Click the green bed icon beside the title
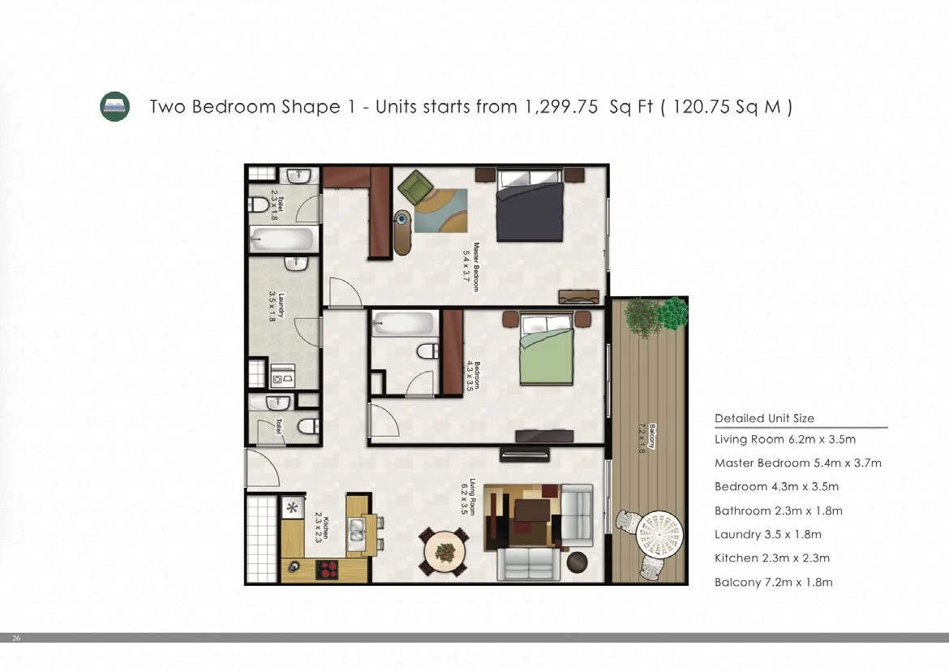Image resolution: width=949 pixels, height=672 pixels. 114,106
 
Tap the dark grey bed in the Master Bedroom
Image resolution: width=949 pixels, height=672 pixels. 530,205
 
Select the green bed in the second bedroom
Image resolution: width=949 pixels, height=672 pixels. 547,349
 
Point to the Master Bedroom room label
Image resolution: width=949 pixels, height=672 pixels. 471,267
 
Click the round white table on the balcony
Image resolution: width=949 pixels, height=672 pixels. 659,535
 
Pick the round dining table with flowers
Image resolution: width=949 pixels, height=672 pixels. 444,552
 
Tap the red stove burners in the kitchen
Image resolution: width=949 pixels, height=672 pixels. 328,570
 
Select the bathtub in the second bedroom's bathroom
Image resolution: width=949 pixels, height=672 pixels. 404,324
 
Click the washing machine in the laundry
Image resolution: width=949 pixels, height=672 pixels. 282,376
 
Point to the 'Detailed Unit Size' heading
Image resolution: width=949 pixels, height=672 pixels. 764,418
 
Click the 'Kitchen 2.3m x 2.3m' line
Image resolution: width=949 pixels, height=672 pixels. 772,558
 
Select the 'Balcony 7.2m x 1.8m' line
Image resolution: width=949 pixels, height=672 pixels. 774,583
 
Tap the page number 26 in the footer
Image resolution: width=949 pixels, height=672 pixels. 16,637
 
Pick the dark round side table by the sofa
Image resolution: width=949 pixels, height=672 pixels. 578,562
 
